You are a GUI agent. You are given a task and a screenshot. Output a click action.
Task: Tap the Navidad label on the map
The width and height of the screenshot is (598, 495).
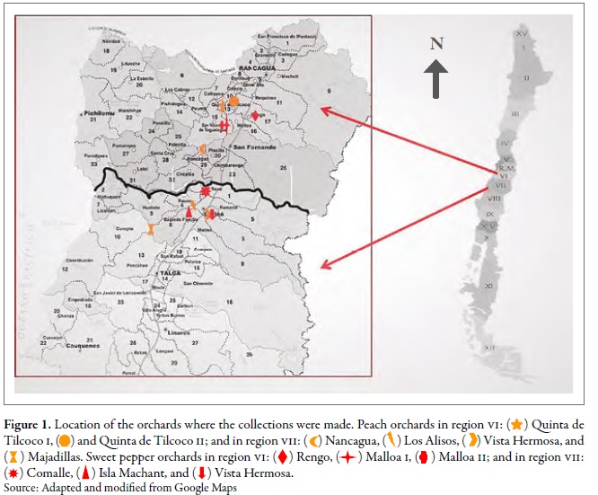[111, 40]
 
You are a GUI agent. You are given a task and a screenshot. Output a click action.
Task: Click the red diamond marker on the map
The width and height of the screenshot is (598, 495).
[255, 116]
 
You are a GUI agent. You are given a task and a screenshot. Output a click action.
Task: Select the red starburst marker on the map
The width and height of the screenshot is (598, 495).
[206, 191]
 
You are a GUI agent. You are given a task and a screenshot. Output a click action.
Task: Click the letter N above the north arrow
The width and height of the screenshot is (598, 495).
[436, 43]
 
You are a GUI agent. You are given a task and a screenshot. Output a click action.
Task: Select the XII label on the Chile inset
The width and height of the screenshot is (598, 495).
[489, 347]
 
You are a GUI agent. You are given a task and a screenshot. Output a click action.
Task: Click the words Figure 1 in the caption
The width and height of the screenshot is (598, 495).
[34, 423]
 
